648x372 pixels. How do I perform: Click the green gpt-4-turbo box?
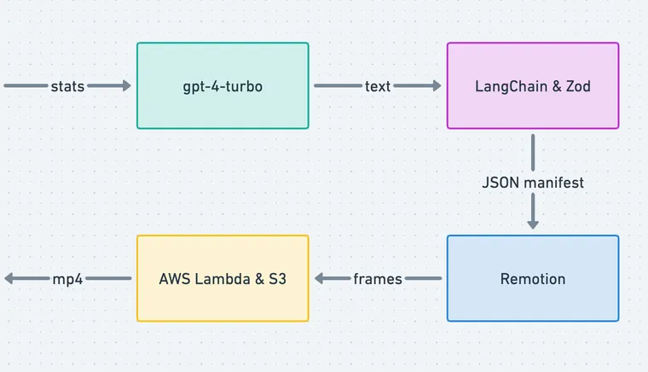coord(223,86)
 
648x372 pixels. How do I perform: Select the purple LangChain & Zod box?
coord(533,86)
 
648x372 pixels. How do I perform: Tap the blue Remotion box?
coord(533,279)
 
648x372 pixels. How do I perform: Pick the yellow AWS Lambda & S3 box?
coord(223,279)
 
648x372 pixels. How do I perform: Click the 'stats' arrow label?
coord(67,86)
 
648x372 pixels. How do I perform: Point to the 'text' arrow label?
coord(378,86)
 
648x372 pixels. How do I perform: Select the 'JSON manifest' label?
coord(533,183)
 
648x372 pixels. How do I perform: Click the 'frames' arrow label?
coord(378,279)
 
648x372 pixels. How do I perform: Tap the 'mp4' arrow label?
coord(67,279)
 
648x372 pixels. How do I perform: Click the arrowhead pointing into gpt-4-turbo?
coord(126,86)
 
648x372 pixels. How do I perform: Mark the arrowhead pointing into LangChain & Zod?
coord(437,86)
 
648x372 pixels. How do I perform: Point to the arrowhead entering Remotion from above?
coord(533,224)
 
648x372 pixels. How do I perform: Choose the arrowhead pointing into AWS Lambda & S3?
coord(320,279)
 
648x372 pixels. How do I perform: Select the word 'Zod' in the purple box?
coord(577,86)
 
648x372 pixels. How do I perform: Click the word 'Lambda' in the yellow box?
coord(218,279)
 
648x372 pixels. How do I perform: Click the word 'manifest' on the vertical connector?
coord(553,183)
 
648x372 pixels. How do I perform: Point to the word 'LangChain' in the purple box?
coord(509,86)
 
